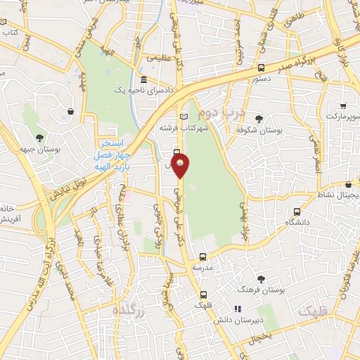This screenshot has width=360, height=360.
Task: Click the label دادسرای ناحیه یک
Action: coord(148,89)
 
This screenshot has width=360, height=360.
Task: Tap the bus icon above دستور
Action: coord(262,68)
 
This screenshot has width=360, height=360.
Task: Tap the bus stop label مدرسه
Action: coord(202,268)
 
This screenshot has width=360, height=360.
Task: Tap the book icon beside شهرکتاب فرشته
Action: coord(184,116)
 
